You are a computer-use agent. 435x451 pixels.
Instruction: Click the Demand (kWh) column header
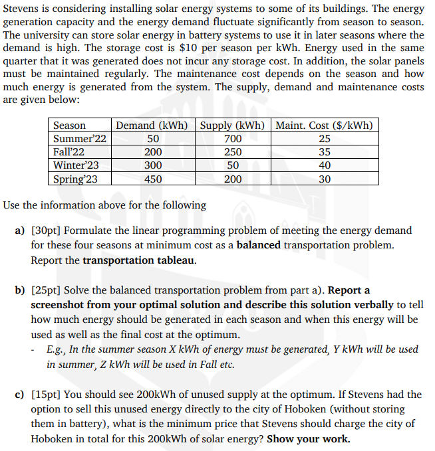click(152, 126)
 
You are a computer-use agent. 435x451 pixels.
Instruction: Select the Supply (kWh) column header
click(233, 126)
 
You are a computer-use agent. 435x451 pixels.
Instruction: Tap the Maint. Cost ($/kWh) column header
click(324, 126)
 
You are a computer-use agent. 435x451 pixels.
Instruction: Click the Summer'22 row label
click(79, 139)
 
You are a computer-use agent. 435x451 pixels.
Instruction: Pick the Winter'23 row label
click(76, 165)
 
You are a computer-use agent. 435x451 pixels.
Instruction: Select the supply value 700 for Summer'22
click(233, 139)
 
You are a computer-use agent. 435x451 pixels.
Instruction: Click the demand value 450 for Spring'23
click(153, 179)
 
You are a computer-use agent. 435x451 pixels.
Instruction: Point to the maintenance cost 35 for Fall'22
click(325, 152)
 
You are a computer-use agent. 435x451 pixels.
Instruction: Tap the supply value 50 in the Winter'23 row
click(233, 165)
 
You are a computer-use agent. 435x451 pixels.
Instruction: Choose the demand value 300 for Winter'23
click(153, 165)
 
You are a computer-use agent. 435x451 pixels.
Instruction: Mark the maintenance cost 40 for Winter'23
click(325, 165)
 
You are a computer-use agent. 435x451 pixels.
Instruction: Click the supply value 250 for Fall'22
click(233, 152)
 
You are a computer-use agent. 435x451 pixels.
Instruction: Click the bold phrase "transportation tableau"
click(139, 260)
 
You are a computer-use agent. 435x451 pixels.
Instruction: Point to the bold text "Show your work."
click(308, 439)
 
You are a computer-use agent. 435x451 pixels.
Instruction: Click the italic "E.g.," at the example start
click(58, 349)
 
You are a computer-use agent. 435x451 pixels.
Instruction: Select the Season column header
click(69, 126)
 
